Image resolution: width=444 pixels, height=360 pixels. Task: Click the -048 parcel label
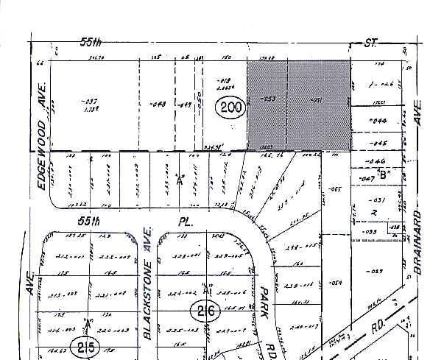pyautogui.click(x=156, y=103)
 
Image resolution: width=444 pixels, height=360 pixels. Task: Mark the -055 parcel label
pyautogui.click(x=336, y=190)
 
